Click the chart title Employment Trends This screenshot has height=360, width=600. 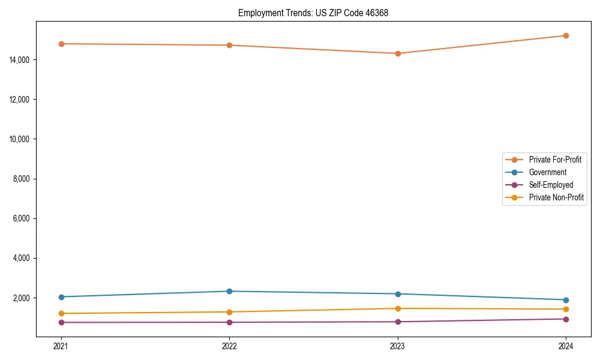(313, 13)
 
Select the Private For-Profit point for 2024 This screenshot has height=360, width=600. (566, 35)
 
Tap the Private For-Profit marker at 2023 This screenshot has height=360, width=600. (397, 53)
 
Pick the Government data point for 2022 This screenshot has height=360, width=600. (229, 291)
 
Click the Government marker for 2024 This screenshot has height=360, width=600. (566, 300)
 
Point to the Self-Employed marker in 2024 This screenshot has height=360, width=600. (566, 319)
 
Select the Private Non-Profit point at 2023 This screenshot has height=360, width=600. (397, 308)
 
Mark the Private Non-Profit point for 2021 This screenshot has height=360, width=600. (61, 313)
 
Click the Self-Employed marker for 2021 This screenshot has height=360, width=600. (61, 322)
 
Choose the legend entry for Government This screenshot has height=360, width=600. (547, 172)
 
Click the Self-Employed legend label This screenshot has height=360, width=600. (551, 185)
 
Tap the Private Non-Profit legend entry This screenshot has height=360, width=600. (556, 197)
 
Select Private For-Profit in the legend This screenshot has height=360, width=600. (555, 160)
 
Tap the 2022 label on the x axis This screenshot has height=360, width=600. (229, 346)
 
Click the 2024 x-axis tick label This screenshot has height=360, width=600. (566, 346)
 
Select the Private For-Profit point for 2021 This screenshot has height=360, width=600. (61, 44)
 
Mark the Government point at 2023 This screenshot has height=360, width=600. (397, 294)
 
